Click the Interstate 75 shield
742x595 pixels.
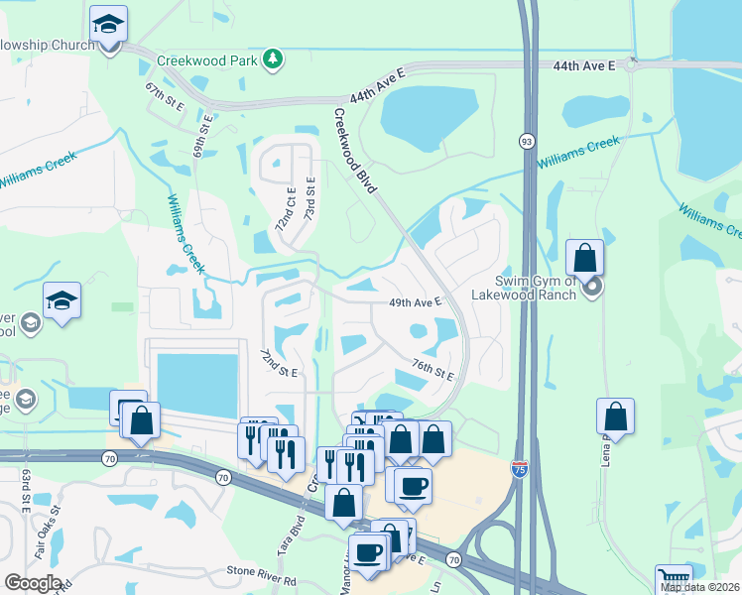[520, 469]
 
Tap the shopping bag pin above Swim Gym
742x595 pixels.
[585, 258]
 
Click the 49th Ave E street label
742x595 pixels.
[414, 301]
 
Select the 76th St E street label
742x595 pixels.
[433, 371]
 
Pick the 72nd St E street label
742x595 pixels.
[279, 363]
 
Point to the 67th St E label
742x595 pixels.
[166, 97]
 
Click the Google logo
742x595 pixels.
[33, 583]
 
